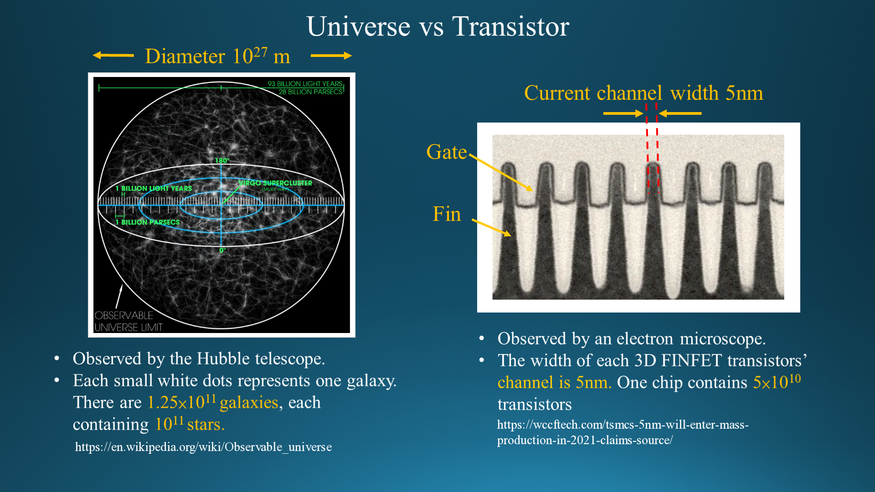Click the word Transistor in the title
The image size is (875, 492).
click(510, 26)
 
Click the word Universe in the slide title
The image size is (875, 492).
click(359, 26)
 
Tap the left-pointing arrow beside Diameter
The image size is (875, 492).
click(113, 56)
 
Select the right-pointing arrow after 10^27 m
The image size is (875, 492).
click(331, 56)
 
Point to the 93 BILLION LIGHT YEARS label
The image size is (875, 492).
click(305, 84)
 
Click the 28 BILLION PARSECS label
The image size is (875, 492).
click(310, 92)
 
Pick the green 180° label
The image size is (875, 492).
click(222, 160)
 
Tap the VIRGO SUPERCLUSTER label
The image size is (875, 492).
click(275, 183)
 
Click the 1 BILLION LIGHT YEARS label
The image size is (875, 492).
click(154, 188)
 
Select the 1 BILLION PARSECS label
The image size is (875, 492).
click(148, 222)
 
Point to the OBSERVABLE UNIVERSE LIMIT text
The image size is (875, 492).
click(129, 321)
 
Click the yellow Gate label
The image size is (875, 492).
click(447, 152)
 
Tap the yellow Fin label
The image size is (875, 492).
click(447, 214)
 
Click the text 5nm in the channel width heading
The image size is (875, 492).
click(744, 93)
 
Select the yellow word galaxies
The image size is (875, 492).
click(249, 403)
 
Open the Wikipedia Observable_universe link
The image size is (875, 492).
click(203, 447)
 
